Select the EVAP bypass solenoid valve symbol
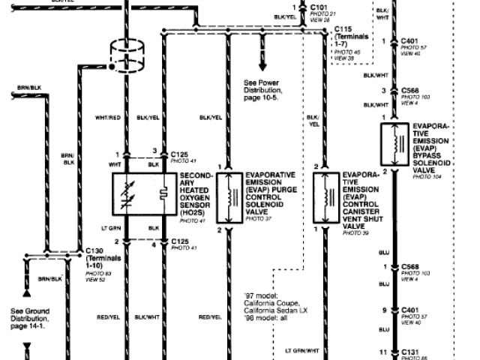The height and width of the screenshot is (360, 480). tap(391, 144)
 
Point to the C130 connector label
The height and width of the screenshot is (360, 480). tap(94, 250)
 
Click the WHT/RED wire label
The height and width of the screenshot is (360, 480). tap(106, 118)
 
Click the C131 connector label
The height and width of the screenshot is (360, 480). tap(409, 351)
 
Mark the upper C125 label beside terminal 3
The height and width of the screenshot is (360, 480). tap(179, 151)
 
